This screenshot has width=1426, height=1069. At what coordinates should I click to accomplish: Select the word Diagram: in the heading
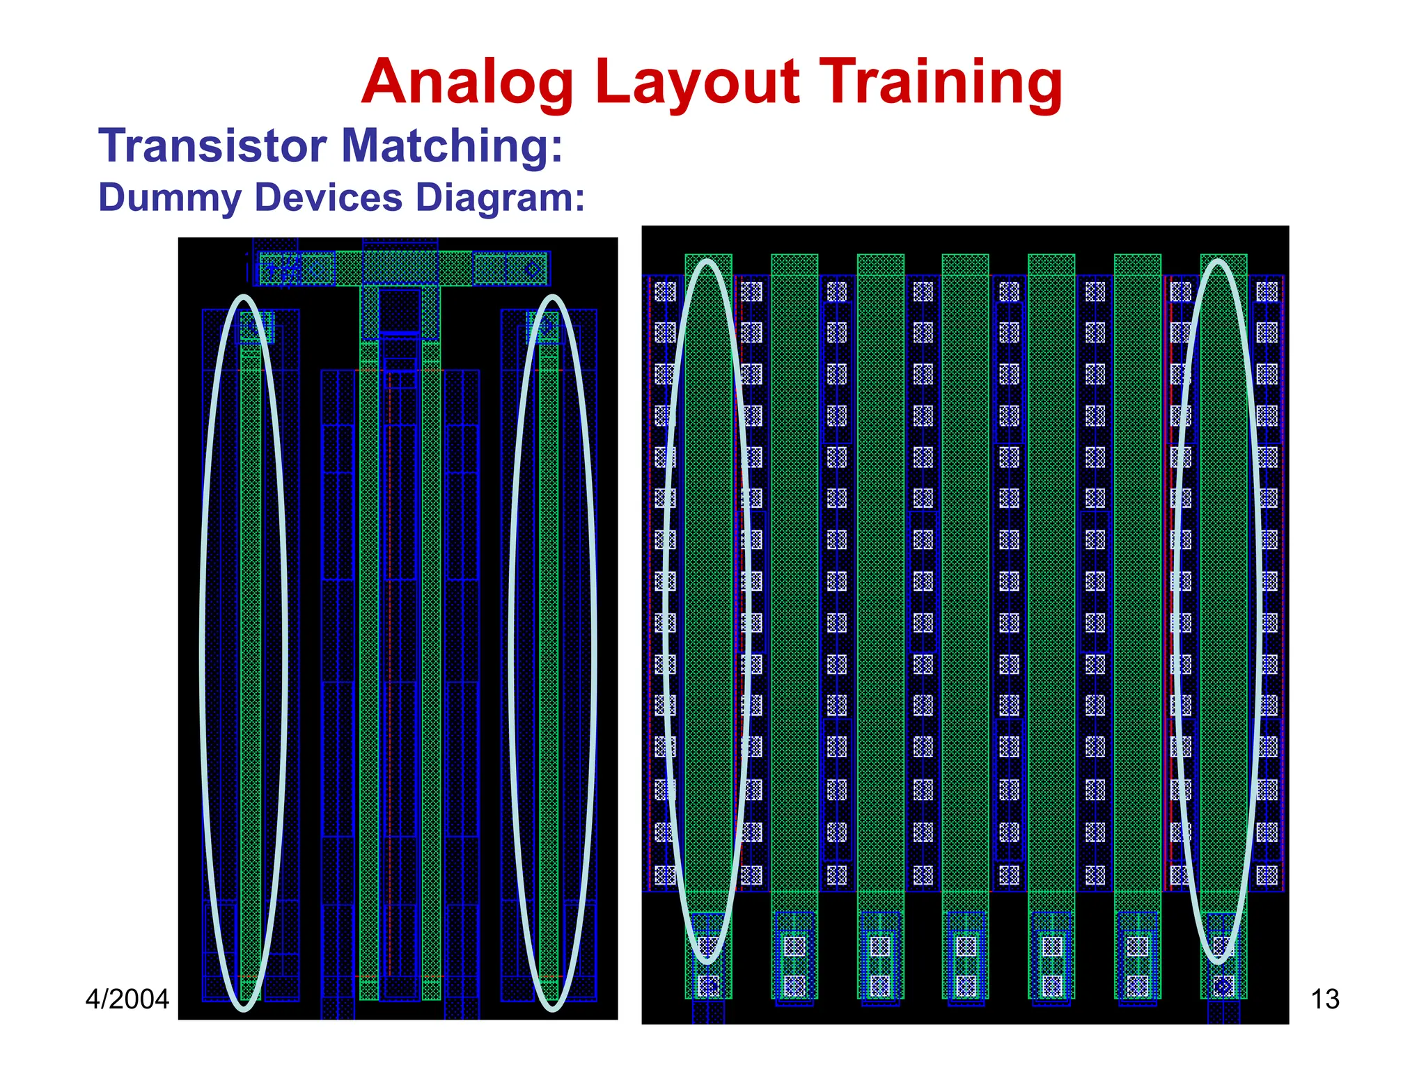click(x=500, y=198)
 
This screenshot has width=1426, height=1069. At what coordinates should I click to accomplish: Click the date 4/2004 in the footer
click(x=127, y=999)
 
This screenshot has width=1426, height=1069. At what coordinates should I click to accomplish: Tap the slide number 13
click(x=1324, y=999)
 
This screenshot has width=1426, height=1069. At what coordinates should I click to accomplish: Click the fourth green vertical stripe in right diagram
click(x=965, y=557)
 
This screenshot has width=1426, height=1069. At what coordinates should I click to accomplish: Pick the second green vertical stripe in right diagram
click(x=794, y=557)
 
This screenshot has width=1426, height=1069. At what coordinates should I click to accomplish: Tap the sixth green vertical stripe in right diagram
click(x=1137, y=557)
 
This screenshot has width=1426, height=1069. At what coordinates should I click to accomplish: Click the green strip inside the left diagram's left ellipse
click(x=251, y=626)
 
